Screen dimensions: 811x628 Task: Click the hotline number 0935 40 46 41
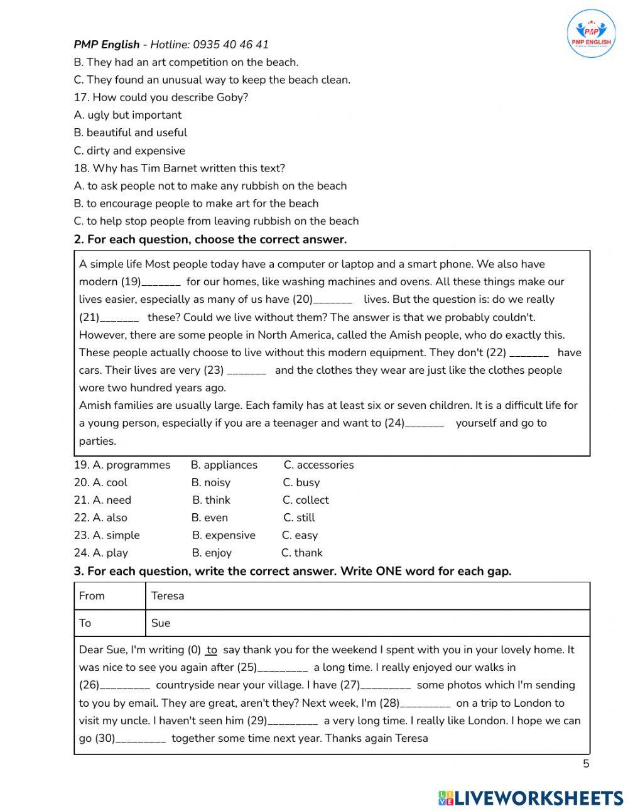point(230,45)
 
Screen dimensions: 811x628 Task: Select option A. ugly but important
point(127,115)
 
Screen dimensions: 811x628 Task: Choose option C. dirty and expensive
point(129,151)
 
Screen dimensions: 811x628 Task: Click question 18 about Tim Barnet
point(180,168)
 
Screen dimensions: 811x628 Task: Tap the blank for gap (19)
point(161,283)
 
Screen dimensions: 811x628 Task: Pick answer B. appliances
point(224,465)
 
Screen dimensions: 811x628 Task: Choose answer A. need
point(112,500)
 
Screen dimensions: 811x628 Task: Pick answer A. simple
point(116,535)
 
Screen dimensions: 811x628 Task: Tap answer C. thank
point(302,553)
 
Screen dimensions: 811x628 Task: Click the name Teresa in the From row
point(168,596)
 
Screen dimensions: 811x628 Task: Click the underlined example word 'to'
point(212,650)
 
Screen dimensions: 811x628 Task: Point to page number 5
point(586,764)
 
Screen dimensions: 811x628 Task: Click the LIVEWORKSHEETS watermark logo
point(531,798)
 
